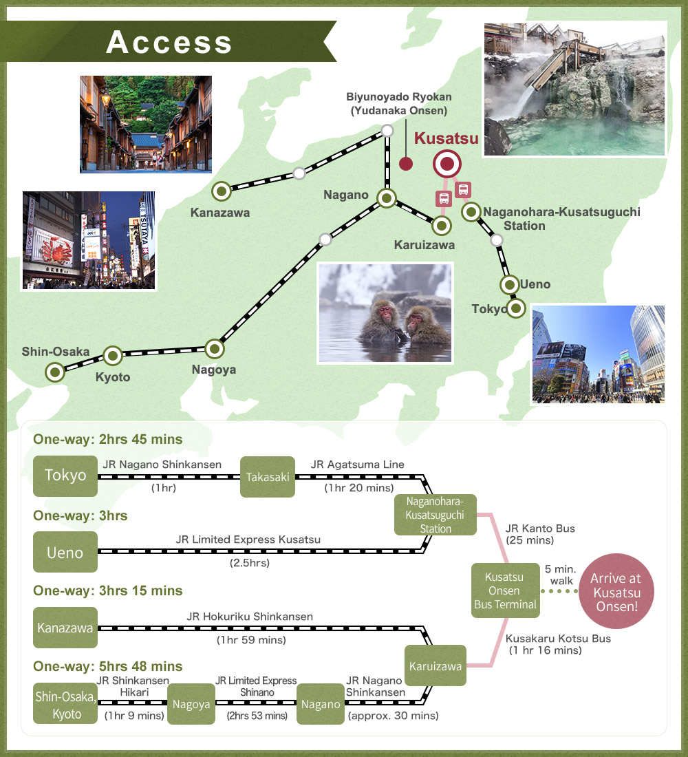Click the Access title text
pos(169,42)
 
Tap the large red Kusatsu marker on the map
pos(447,164)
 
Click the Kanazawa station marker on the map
pos(222,192)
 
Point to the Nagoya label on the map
pos(214,370)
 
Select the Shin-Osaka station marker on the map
pos(55,373)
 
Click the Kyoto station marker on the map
pos(113,356)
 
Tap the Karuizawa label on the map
pos(424,245)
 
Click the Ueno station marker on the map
pos(509,285)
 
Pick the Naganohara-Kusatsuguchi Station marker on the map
pos(471,211)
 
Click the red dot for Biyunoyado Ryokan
pos(406,164)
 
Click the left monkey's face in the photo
pos(385,314)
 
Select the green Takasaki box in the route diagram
pos(268,477)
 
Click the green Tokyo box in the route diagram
pos(65,476)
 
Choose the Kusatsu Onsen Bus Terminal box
pos(506,590)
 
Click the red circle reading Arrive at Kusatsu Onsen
pos(616,591)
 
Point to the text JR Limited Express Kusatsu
pos(248,540)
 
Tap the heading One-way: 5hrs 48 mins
pos(107,666)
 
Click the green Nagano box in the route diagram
pos(321,705)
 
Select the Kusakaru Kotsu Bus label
pos(558,639)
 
